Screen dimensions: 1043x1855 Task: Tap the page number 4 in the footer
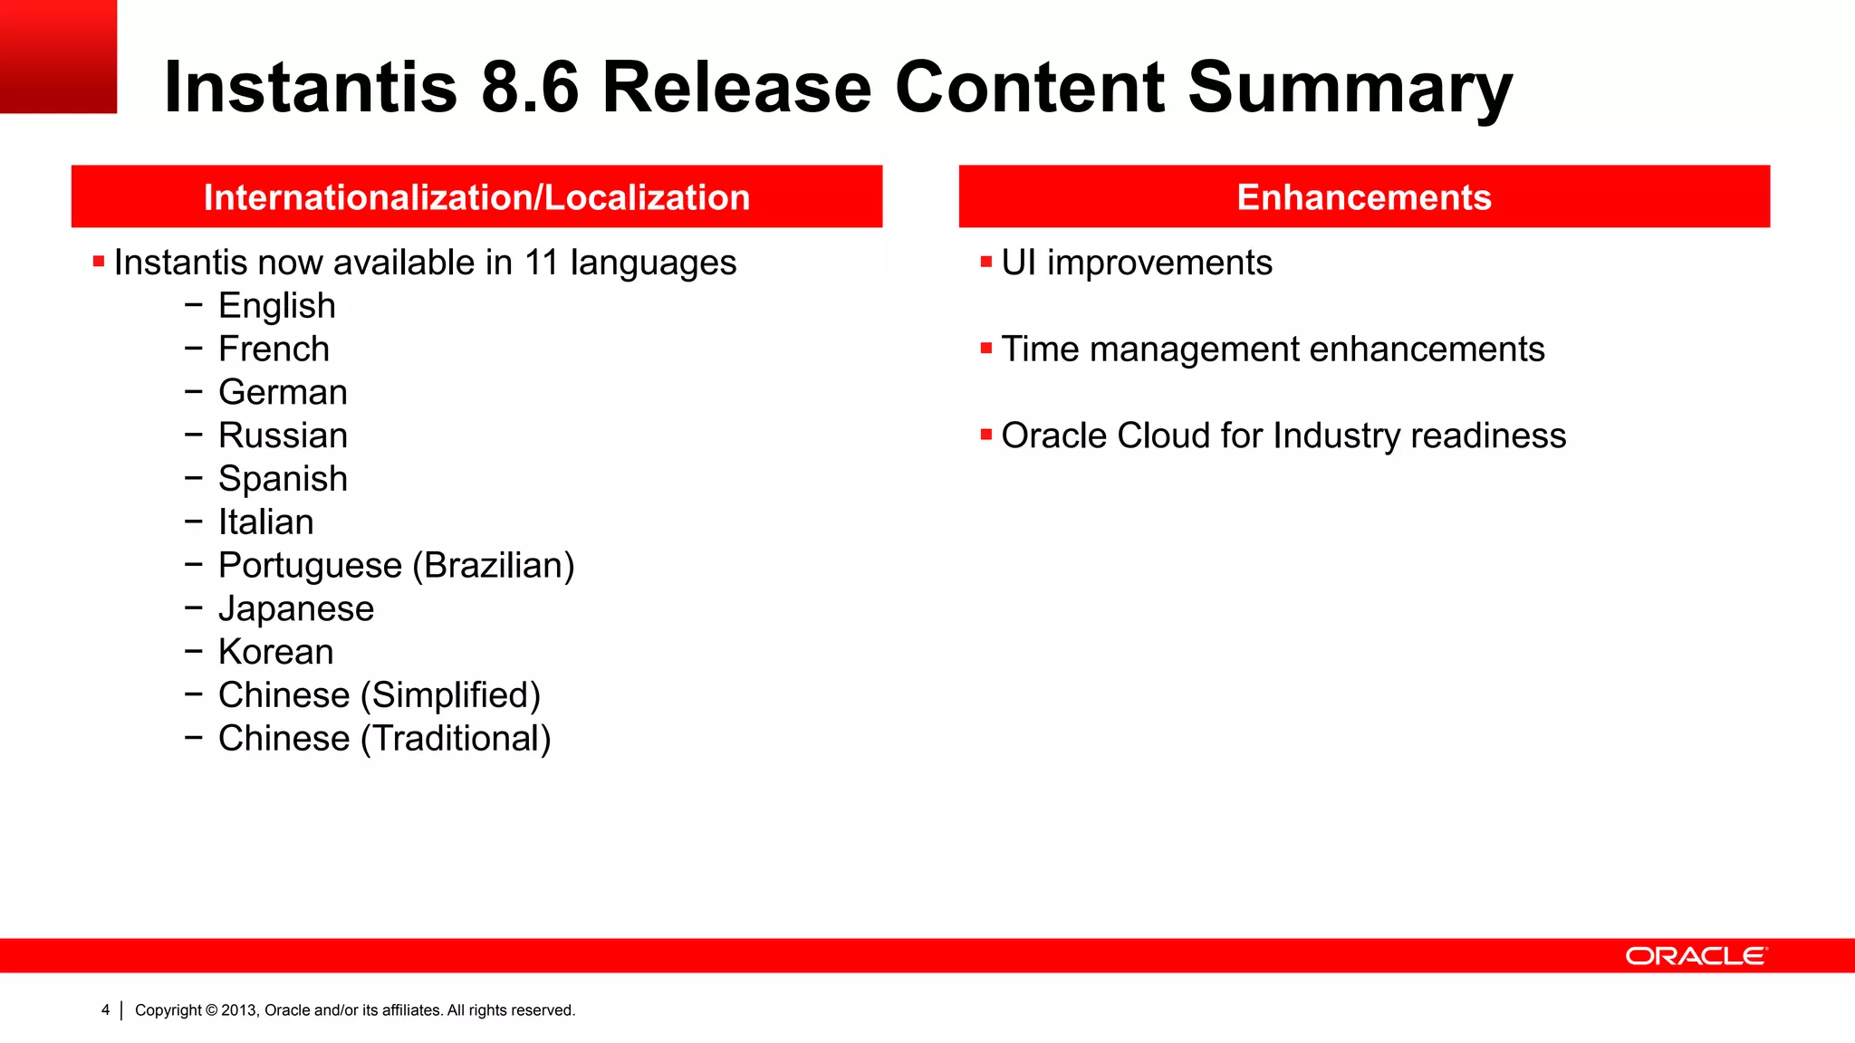pos(105,1010)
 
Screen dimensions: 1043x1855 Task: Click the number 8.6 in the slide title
pos(530,87)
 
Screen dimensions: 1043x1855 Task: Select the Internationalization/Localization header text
pos(476,197)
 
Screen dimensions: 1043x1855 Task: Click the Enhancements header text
pos(1363,197)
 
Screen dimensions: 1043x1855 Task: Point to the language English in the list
pos(277,306)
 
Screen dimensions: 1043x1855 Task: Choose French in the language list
pos(274,349)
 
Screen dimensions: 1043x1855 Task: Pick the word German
pos(283,393)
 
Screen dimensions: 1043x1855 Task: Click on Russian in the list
pos(283,435)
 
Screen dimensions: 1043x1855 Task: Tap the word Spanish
pos(283,479)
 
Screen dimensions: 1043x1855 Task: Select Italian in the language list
pos(265,522)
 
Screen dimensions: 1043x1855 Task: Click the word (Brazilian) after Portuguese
pos(494,566)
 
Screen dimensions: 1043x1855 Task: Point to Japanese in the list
pos(295,608)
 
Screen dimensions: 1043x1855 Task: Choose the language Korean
pos(275,652)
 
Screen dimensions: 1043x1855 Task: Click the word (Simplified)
pos(450,695)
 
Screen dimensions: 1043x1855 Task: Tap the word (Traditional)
pos(456,739)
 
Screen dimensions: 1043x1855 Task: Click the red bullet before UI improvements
pos(986,263)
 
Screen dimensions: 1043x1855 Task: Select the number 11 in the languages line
pos(541,263)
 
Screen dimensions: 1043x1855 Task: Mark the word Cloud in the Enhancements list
pos(1163,435)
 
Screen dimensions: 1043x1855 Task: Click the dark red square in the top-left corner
pos(58,56)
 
